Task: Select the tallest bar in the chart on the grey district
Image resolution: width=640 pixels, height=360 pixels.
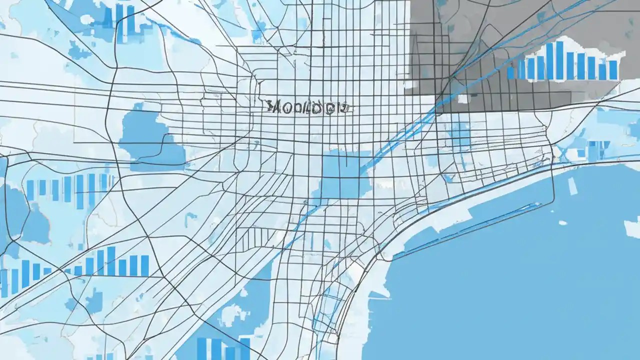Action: coord(559,60)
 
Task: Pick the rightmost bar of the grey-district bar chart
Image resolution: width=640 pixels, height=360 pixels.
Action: coord(613,69)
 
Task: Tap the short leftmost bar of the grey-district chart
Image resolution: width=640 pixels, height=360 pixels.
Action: coord(510,72)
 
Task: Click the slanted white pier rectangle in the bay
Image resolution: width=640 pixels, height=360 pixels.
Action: coord(572,186)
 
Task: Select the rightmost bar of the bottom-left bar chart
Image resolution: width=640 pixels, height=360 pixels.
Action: coord(144,265)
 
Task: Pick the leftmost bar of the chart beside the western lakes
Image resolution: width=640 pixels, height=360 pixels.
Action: coord(30,190)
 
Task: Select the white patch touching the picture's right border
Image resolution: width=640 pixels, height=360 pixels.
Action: coord(632,227)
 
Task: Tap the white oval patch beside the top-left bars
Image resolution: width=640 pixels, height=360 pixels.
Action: coord(87,19)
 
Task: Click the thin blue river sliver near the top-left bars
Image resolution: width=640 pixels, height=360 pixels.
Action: coord(180,35)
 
